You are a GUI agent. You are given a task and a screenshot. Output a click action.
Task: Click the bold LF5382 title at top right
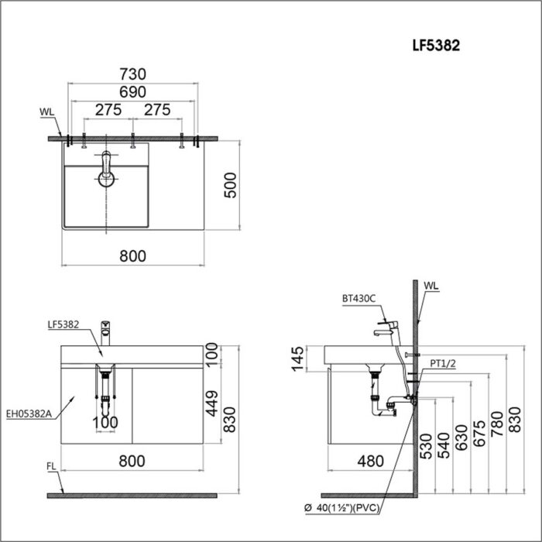coord(436,46)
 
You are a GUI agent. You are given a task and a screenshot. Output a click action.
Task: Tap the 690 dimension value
coord(133,91)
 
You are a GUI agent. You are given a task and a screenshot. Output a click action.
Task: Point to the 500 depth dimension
coord(229,184)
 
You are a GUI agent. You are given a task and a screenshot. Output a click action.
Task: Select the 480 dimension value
coord(370,461)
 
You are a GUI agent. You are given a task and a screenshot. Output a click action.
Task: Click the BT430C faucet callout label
coord(358,298)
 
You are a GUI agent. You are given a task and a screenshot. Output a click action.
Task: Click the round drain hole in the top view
coord(105,179)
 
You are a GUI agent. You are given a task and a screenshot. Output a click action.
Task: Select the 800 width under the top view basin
coord(133,256)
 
